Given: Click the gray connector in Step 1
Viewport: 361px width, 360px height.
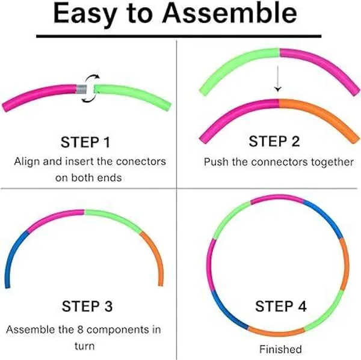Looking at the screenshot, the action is pyautogui.click(x=81, y=89).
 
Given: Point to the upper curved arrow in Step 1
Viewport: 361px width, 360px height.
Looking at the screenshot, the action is pyautogui.click(x=91, y=78).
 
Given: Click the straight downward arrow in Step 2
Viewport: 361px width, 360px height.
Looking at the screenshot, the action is pyautogui.click(x=278, y=79).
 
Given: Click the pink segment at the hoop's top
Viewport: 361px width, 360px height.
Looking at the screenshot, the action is pyautogui.click(x=277, y=198).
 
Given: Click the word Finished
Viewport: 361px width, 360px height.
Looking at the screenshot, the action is pyautogui.click(x=280, y=349).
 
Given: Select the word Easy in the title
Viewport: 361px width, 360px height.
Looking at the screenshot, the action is pyautogui.click(x=84, y=14).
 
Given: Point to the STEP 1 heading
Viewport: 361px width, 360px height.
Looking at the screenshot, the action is pyautogui.click(x=85, y=142).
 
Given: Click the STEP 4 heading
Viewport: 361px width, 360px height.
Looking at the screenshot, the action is pyautogui.click(x=280, y=306).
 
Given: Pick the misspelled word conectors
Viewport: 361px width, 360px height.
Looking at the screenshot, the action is pyautogui.click(x=141, y=162).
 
